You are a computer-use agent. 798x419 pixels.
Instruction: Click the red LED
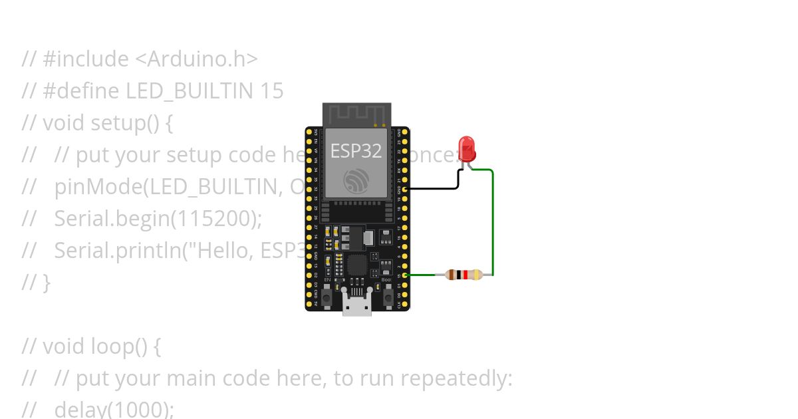[x=467, y=148]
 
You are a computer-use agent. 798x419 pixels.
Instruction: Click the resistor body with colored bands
[x=464, y=274]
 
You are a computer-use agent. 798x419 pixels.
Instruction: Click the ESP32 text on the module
[x=356, y=151]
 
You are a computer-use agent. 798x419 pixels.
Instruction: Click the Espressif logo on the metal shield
[x=356, y=180]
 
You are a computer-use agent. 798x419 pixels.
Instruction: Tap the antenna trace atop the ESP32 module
[x=356, y=114]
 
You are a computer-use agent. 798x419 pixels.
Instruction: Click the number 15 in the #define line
[x=271, y=91]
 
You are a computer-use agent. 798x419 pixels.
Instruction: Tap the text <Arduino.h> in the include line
[x=196, y=59]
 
